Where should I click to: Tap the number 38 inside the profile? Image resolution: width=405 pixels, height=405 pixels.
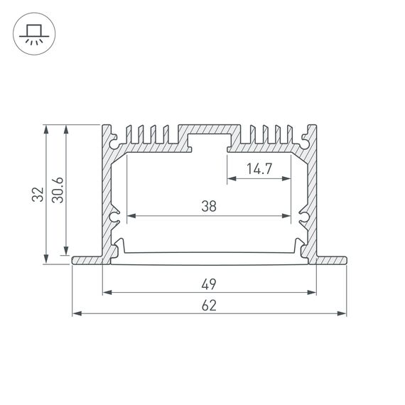coord(208,207)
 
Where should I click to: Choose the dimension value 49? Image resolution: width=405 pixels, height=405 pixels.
coord(208,283)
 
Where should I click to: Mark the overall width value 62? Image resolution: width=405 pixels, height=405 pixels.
coord(208,305)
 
